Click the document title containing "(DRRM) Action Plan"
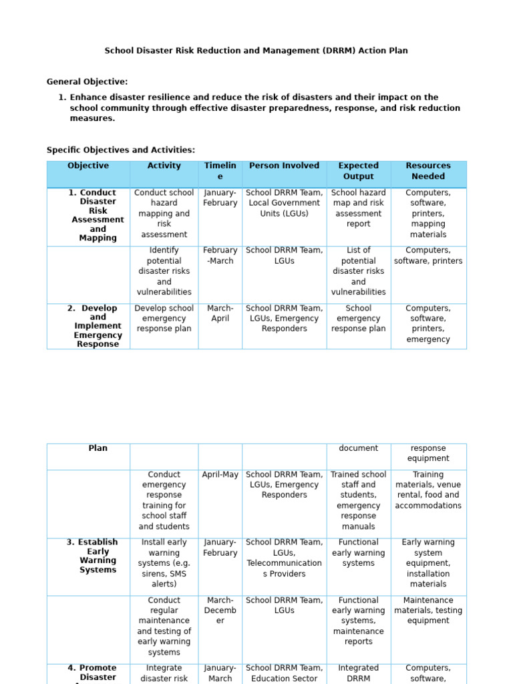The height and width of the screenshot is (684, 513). click(x=256, y=51)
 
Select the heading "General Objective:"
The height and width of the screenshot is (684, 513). click(x=87, y=81)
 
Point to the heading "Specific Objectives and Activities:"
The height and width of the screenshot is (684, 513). click(x=121, y=150)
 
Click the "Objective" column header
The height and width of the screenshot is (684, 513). click(x=88, y=166)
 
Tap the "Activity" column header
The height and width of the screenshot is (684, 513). click(x=164, y=166)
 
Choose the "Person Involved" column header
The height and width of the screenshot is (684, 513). click(x=284, y=166)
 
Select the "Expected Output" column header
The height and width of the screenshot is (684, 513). click(x=358, y=171)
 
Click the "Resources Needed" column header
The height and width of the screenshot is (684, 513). click(x=428, y=171)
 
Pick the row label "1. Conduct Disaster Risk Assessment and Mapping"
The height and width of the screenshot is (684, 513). click(x=98, y=215)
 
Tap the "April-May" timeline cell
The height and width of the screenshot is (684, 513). click(x=220, y=475)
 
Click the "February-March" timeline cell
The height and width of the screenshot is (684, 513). click(x=220, y=255)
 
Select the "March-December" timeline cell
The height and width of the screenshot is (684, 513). click(x=220, y=611)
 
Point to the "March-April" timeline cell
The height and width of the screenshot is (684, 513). click(x=220, y=313)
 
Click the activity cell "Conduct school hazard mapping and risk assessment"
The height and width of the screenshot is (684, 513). click(x=164, y=214)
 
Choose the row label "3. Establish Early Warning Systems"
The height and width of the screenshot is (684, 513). click(x=98, y=556)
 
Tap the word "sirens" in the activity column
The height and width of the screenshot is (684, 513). click(x=154, y=574)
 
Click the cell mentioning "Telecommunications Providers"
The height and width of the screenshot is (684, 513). click(x=284, y=558)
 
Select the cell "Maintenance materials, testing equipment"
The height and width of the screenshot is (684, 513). click(x=428, y=611)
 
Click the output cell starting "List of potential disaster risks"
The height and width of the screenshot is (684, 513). click(x=358, y=271)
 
